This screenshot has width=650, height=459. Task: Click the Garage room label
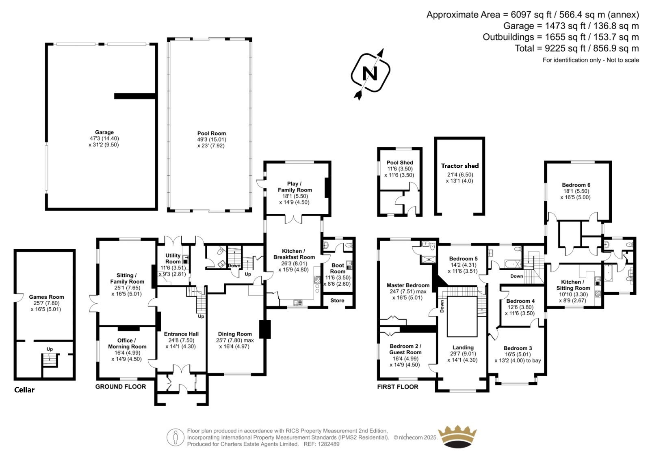104,132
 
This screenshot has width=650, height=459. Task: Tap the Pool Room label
212,134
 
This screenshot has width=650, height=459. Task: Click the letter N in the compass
370,73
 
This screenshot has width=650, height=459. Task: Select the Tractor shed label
460,166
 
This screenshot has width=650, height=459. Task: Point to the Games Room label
46,297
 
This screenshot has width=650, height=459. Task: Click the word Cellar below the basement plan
24,390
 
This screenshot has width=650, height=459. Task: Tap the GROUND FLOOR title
121,386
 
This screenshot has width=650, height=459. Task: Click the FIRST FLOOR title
398,387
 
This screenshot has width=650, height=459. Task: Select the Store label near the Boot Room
337,300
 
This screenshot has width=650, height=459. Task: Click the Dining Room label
235,334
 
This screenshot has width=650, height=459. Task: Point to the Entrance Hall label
181,334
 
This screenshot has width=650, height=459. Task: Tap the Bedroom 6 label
576,185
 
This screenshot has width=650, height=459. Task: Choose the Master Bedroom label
408,285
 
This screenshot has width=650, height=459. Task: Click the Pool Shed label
400,163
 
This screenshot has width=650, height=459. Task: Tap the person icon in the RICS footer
175,437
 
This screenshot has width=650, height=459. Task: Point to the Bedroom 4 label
520,301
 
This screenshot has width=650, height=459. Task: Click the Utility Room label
173,259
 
